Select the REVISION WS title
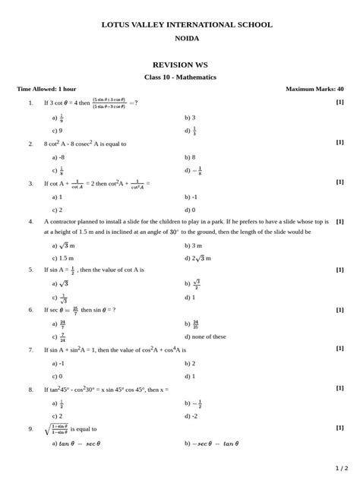point(180,65)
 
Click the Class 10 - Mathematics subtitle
point(180,77)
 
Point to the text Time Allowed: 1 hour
point(47,89)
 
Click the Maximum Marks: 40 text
point(314,89)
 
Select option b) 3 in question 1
point(190,118)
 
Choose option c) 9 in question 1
point(57,131)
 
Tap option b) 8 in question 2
point(190,157)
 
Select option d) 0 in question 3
point(190,210)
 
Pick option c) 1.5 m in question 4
point(62,258)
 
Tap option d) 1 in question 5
point(190,298)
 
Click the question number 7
point(31,350)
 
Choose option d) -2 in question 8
point(191,416)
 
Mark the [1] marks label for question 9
point(339,428)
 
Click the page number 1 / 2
point(341,468)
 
